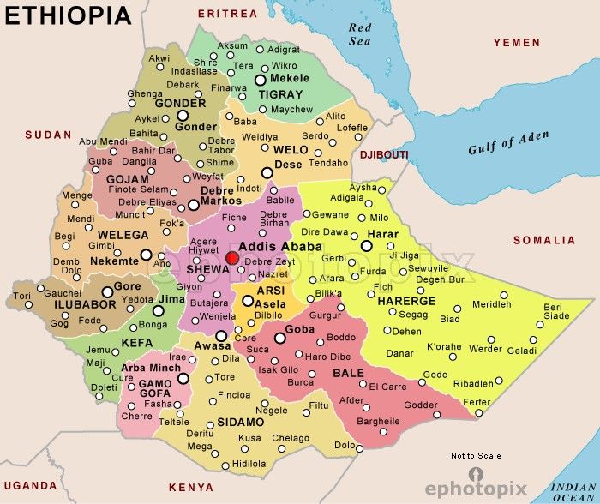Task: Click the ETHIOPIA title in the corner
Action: [x=69, y=15]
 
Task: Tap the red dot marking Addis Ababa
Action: [x=231, y=258]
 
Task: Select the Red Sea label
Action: [x=360, y=33]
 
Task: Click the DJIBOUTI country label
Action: [x=384, y=154]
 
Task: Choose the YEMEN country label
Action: [x=517, y=42]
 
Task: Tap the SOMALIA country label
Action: [x=544, y=241]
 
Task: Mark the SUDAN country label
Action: [x=48, y=135]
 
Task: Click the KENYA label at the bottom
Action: [x=191, y=488]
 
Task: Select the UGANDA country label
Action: [x=30, y=485]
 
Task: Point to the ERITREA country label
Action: [x=227, y=14]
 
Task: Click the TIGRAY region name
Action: [x=281, y=94]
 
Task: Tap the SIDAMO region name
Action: [x=241, y=423]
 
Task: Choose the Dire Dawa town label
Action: [x=324, y=231]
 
